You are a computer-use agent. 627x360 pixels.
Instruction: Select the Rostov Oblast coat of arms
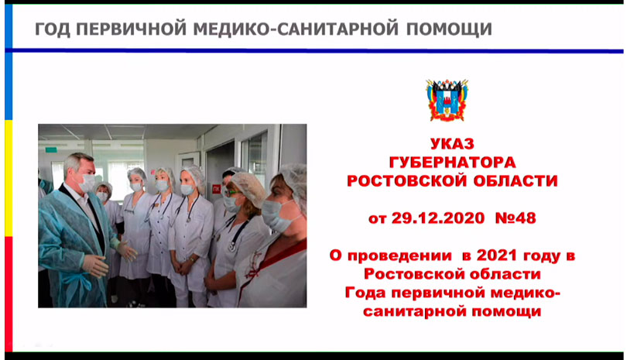tap(447, 100)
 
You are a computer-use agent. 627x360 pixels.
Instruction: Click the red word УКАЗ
tap(452, 143)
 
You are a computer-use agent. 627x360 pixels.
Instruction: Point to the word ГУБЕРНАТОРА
tap(452, 162)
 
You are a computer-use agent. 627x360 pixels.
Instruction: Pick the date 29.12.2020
tap(438, 218)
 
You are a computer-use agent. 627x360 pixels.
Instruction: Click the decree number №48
tap(516, 218)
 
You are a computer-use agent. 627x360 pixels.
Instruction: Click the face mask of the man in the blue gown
tap(86, 183)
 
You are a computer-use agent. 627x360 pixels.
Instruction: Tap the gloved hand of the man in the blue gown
tap(95, 265)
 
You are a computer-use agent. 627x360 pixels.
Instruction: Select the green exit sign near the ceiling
tap(51, 150)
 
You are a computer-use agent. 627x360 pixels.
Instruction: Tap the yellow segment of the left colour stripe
tap(9, 178)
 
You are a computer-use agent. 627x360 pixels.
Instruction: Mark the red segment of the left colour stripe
tap(9, 294)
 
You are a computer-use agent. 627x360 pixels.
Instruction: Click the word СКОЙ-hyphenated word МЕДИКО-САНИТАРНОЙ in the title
tap(296, 29)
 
